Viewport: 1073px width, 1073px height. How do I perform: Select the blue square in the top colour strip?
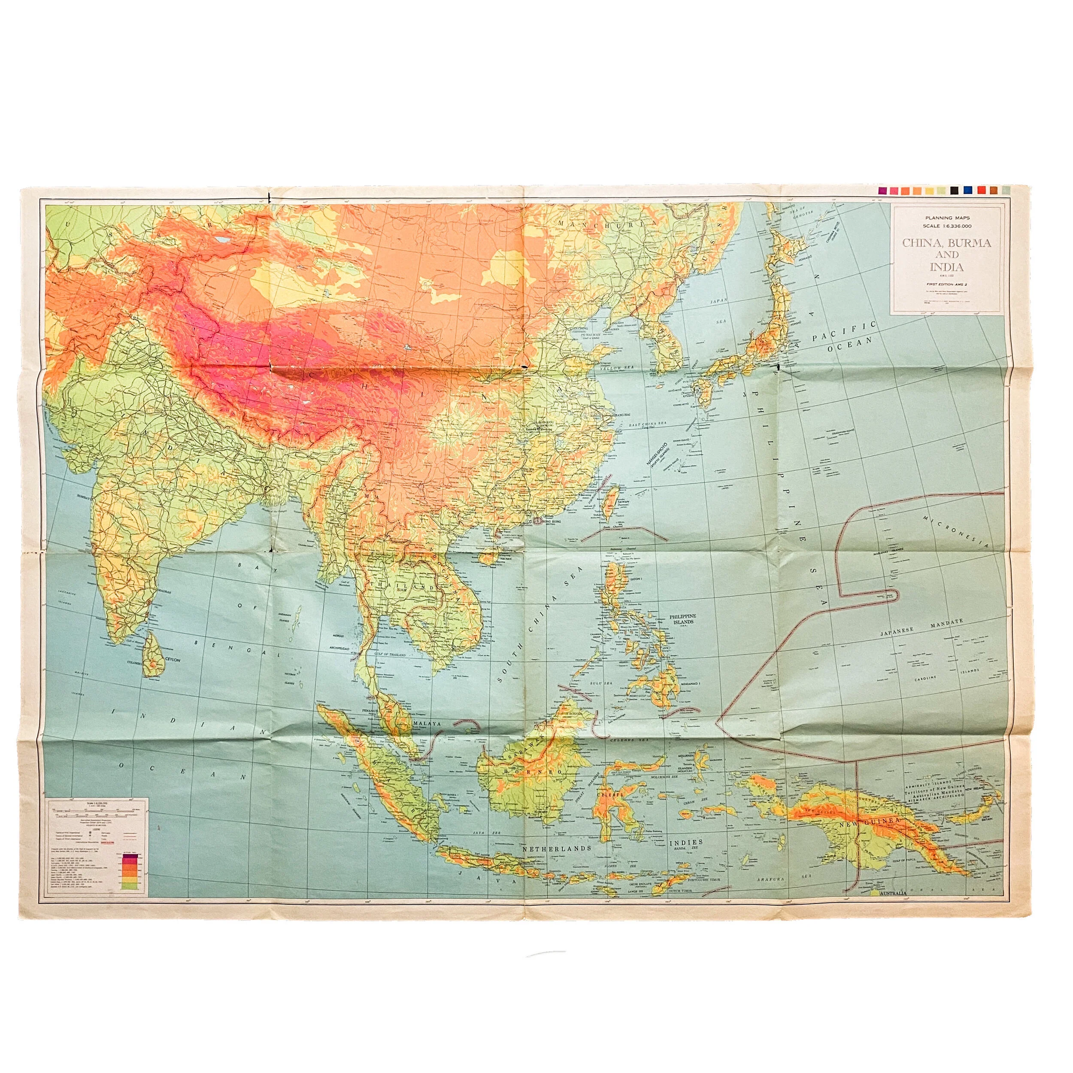[x=967, y=191]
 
